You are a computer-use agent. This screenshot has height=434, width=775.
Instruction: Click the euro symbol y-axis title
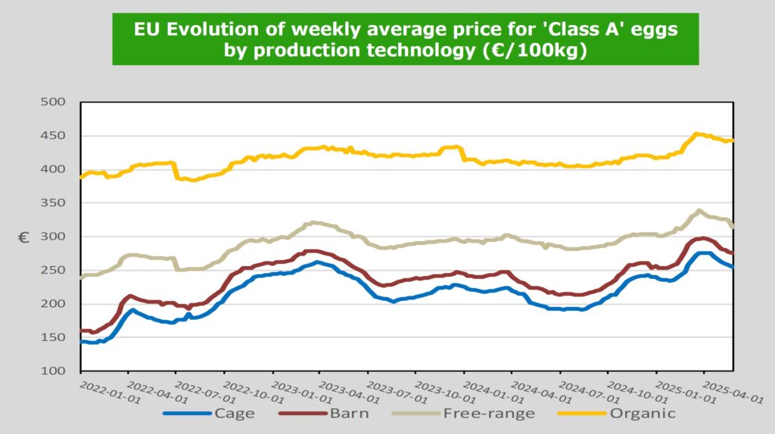24,237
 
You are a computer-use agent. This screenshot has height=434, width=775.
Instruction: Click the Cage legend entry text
234,414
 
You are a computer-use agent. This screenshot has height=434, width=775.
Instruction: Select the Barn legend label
349,414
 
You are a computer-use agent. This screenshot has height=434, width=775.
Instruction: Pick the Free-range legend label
488,414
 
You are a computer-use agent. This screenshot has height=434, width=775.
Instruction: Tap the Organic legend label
643,414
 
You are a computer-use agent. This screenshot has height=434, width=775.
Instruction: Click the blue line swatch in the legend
186,414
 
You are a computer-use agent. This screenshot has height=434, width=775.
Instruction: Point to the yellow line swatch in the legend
581,414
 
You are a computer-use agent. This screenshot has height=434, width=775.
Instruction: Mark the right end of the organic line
733,141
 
